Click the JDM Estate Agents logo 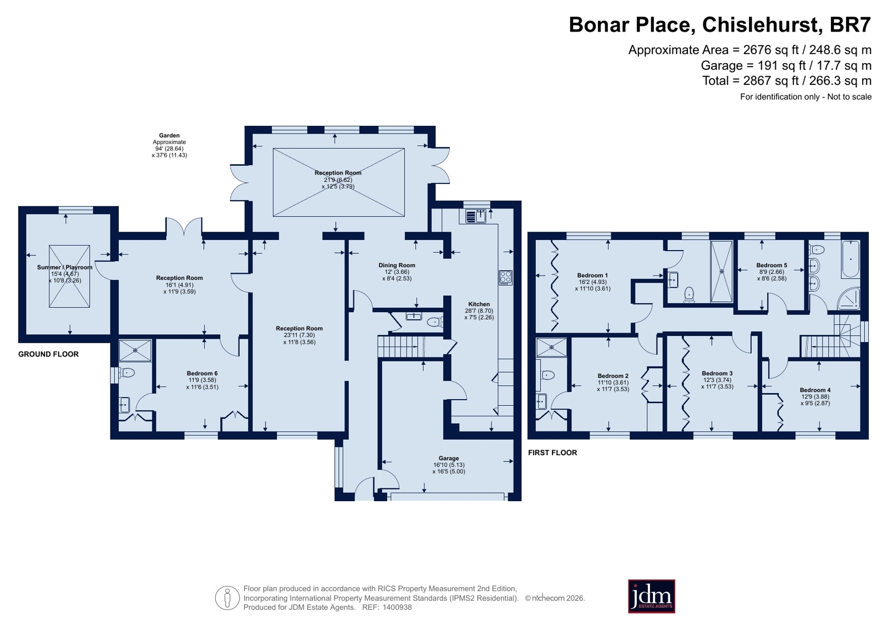click(651, 597)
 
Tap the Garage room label click(449, 458)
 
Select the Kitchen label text click(479, 304)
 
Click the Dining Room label click(397, 265)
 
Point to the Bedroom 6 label click(202, 373)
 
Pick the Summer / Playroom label click(64, 267)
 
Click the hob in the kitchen click(506, 278)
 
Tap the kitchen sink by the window click(476, 216)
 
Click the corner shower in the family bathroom click(849, 299)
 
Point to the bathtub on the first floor click(850, 259)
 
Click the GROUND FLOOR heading click(48, 354)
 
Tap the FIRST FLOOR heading click(553, 452)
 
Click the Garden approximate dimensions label click(170, 145)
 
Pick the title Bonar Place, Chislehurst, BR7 click(720, 25)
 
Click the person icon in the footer click(227, 598)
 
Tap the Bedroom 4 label click(815, 390)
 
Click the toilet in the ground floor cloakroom click(435, 322)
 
